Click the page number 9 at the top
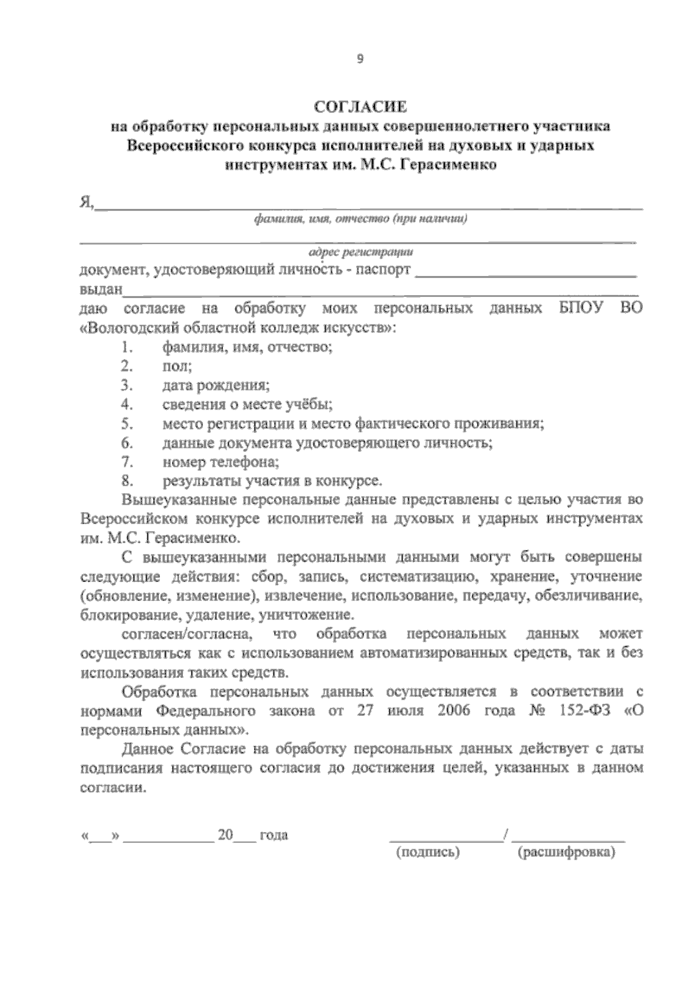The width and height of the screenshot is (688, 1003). point(360,58)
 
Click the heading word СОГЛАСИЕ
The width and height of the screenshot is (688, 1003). point(361,107)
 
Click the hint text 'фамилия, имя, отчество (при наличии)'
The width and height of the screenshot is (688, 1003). point(361,219)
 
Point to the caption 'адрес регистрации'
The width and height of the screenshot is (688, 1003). point(361,252)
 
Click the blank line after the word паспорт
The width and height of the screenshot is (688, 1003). point(525,274)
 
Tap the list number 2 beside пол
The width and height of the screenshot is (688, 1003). point(126,366)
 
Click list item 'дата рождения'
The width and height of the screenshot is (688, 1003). point(216,385)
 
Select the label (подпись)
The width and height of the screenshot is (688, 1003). point(428,853)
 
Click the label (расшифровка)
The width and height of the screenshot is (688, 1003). point(565,853)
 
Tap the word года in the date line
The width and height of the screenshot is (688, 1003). point(273,835)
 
